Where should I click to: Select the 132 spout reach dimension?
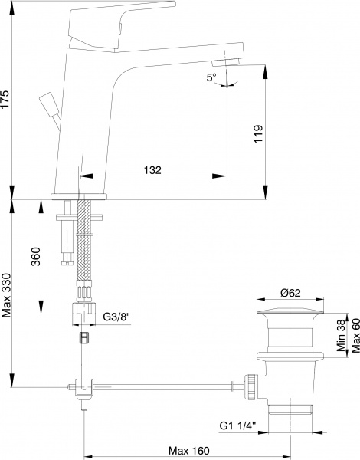[x=152, y=170]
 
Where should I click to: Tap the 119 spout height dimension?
[x=258, y=135]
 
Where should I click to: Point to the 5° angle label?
[x=211, y=77]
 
